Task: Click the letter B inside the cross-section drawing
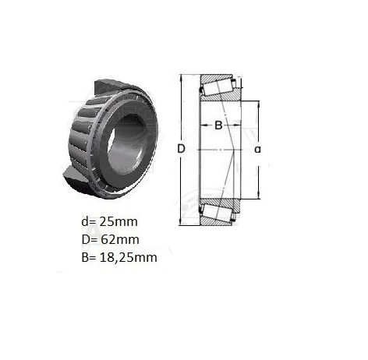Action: coord(218,125)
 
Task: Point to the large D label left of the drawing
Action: coord(181,149)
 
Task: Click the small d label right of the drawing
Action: coord(257,150)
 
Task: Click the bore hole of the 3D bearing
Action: coord(126,145)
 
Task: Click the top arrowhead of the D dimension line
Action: coord(181,77)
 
